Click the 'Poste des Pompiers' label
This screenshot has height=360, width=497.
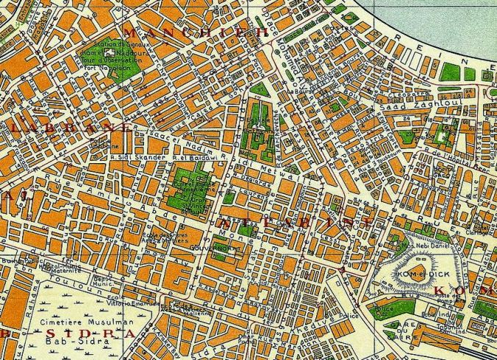448,298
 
